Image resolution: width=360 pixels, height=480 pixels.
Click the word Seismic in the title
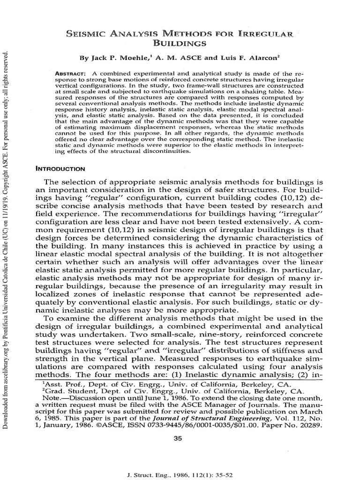point(87,34)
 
